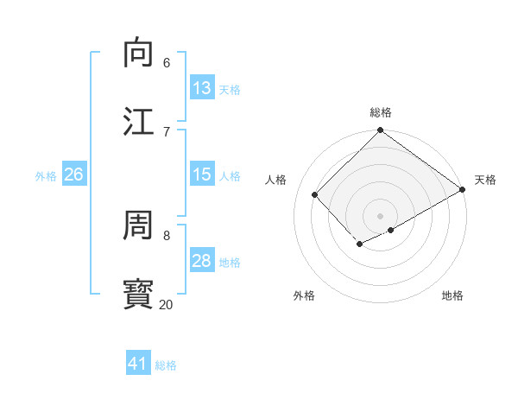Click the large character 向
139,54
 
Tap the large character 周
139,226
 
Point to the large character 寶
139,294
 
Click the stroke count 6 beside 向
166,63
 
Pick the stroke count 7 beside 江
166,131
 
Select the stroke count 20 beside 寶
166,304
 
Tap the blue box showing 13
202,88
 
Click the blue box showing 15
202,174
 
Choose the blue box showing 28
202,261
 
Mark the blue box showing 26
73,174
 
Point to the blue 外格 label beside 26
46,176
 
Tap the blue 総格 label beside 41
166,365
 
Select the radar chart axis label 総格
381,112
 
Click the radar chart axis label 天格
485,180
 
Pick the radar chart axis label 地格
452,295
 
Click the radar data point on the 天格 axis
464,189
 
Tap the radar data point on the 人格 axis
315,194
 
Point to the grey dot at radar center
381,215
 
